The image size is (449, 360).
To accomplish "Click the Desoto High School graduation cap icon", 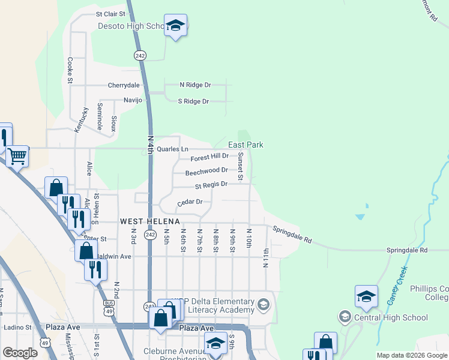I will [x=175, y=25].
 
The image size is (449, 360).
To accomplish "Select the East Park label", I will [x=246, y=145].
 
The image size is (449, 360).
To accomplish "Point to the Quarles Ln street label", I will [x=172, y=149].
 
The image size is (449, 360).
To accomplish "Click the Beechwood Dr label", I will [x=206, y=172].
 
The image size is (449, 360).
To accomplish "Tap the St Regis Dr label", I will [x=210, y=185].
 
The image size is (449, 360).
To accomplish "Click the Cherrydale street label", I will [x=124, y=85].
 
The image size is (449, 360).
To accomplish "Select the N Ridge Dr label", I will [x=195, y=85].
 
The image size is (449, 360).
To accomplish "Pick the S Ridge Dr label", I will [x=193, y=101].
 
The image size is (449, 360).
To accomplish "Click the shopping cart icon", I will [x=17, y=156].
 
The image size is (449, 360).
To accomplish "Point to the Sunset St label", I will [x=240, y=166].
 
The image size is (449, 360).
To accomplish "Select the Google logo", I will [x=20, y=352].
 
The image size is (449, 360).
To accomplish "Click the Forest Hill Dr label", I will [x=209, y=158].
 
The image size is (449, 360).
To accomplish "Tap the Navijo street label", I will [x=133, y=100].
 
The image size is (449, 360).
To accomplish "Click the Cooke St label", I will [x=70, y=70].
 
